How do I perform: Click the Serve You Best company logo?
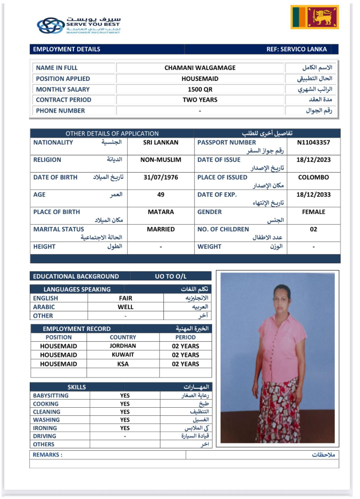click(x=79, y=25)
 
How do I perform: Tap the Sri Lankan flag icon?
click(x=314, y=18)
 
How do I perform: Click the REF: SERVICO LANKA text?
click(x=301, y=49)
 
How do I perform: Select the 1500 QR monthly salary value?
click(x=199, y=89)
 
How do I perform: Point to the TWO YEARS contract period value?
click(x=199, y=100)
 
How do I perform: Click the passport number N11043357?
click(x=313, y=142)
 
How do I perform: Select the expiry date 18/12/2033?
click(x=313, y=194)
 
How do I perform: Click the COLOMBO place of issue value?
click(x=313, y=177)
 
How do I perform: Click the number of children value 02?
click(x=313, y=229)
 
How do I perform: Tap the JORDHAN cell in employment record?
click(x=123, y=346)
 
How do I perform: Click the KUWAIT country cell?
click(x=123, y=355)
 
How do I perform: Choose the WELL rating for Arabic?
click(x=126, y=307)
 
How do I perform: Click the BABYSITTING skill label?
click(x=51, y=395)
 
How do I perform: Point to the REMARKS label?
click(x=48, y=454)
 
